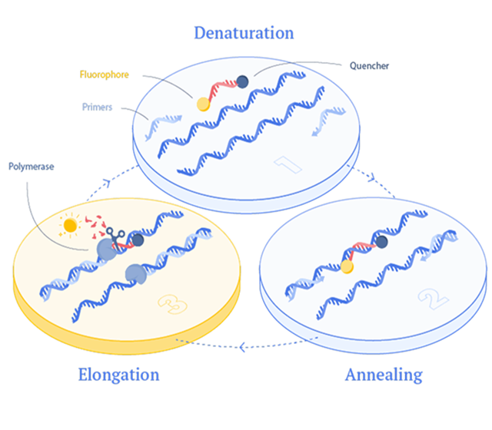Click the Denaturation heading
point(243,33)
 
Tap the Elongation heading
point(118,375)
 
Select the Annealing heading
point(383,375)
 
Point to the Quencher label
point(369,66)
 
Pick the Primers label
point(97,107)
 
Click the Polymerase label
point(31,165)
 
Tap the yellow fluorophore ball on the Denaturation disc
point(204,103)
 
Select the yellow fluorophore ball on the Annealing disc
point(347,266)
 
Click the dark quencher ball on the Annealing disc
point(382,243)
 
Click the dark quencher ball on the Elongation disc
point(138,240)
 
